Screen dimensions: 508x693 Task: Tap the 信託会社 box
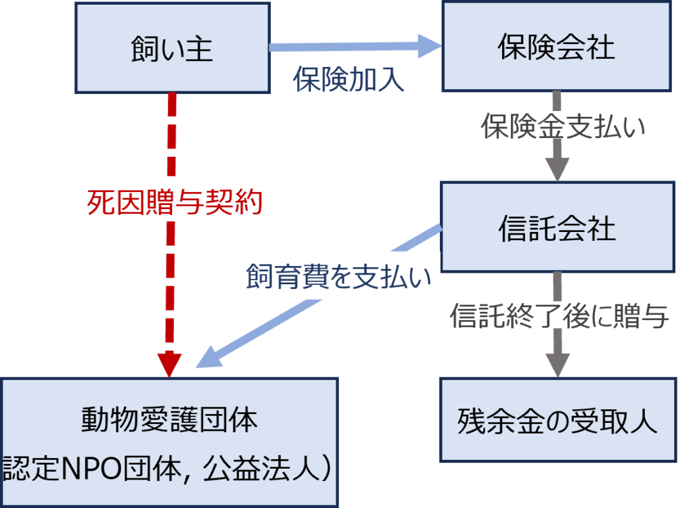coord(557,227)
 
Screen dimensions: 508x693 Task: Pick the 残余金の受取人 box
coord(558,420)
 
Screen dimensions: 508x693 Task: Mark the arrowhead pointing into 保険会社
coord(429,47)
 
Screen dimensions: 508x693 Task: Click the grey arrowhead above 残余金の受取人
coord(557,365)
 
